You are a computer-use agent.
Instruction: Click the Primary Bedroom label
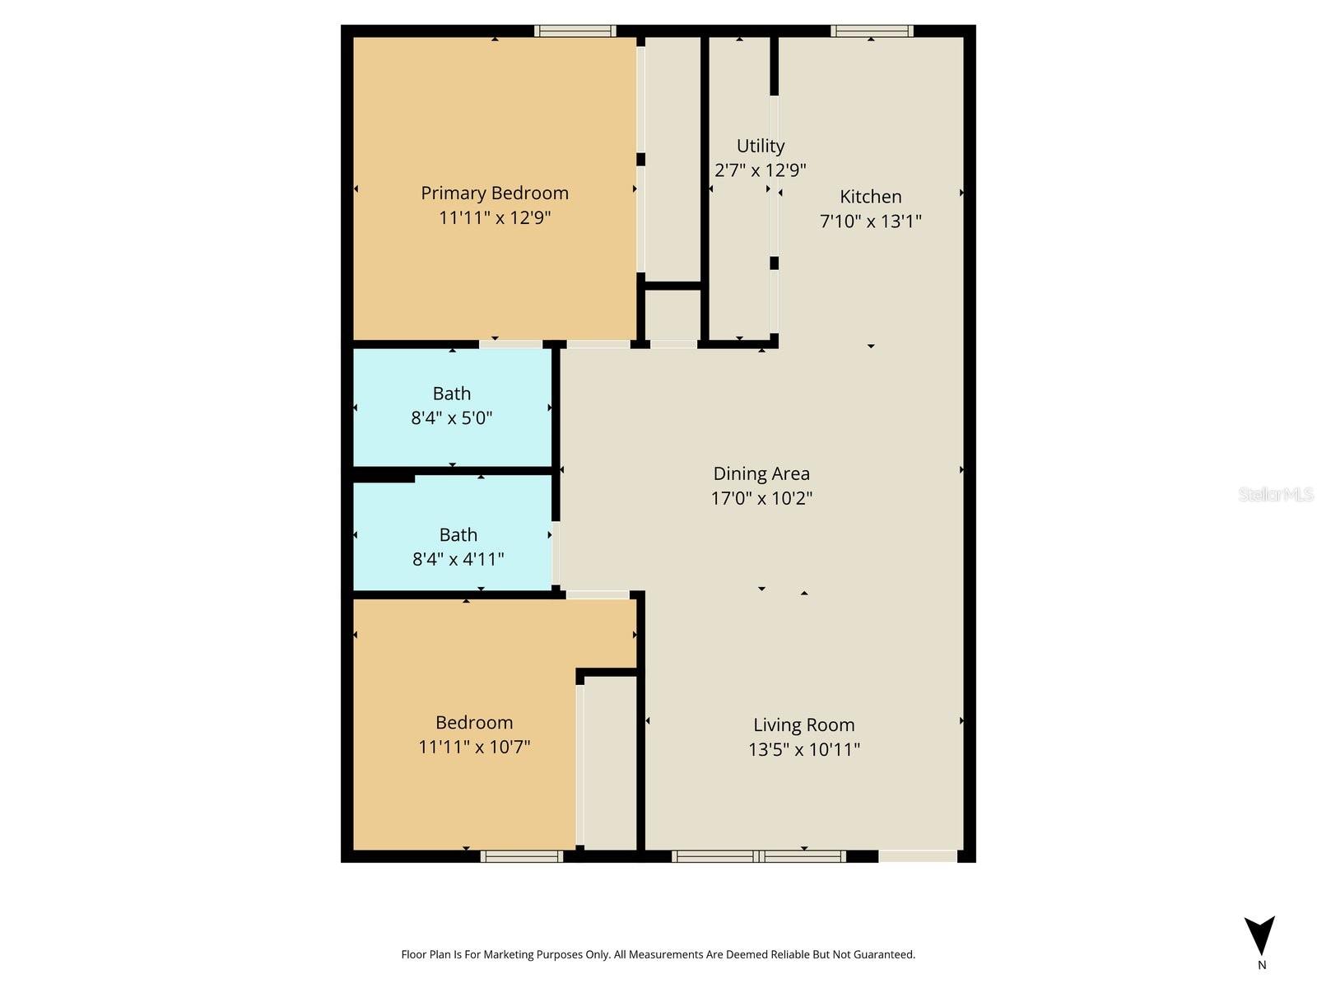click(x=495, y=193)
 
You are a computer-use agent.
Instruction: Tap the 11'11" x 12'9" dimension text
click(x=495, y=217)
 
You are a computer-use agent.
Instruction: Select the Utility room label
click(x=761, y=146)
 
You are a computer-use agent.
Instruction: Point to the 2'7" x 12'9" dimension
click(x=761, y=170)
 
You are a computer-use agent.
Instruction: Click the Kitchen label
click(x=871, y=197)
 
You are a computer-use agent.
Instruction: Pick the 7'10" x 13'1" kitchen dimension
click(x=871, y=221)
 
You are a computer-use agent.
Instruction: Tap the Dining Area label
click(x=761, y=473)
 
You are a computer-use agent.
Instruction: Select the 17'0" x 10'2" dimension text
click(x=761, y=498)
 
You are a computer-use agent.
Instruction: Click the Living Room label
click(x=804, y=725)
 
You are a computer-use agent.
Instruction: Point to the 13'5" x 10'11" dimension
click(x=804, y=749)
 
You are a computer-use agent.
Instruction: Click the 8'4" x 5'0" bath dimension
click(x=452, y=418)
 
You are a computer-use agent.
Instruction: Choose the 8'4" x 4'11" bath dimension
click(x=458, y=559)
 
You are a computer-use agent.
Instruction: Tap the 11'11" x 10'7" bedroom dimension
click(x=474, y=747)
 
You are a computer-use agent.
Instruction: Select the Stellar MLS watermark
click(x=1276, y=494)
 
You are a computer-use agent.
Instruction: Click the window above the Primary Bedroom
click(x=575, y=31)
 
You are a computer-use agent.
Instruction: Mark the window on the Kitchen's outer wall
click(x=872, y=31)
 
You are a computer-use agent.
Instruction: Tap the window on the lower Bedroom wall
click(x=522, y=856)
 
